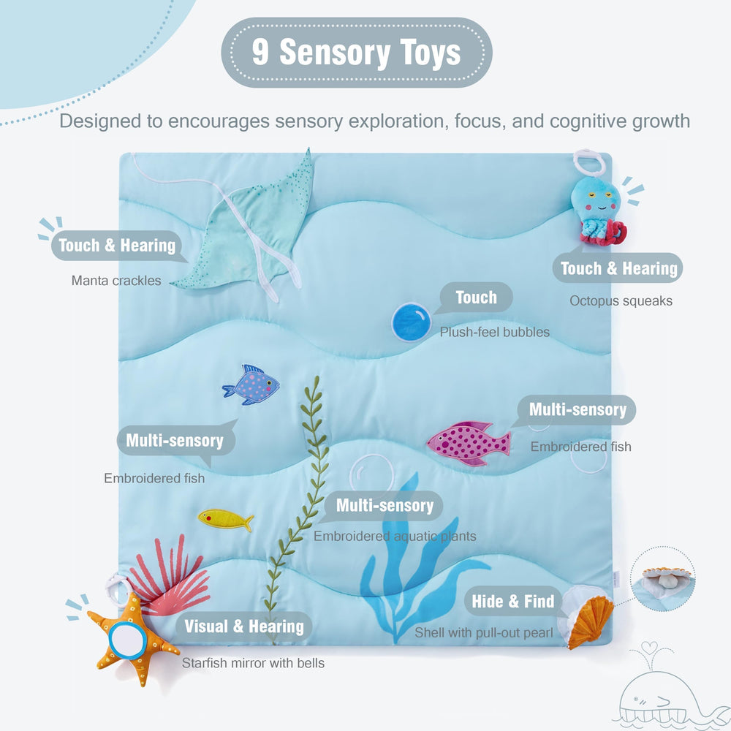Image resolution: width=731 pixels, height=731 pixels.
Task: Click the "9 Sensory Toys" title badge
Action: click(x=357, y=52)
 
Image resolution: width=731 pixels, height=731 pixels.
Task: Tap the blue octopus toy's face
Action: click(x=596, y=197)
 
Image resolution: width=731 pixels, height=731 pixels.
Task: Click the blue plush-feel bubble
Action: click(x=411, y=322)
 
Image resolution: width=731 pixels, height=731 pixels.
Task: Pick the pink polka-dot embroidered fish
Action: click(x=469, y=444)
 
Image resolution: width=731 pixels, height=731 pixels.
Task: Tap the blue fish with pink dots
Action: click(x=251, y=385)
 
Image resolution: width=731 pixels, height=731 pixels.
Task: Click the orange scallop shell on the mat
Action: click(x=591, y=621)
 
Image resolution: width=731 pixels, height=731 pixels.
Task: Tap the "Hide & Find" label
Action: click(x=513, y=602)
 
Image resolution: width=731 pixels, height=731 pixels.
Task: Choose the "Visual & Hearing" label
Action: click(x=244, y=626)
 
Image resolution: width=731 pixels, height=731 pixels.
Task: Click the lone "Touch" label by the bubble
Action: click(x=476, y=297)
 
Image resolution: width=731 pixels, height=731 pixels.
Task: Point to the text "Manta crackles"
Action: click(x=116, y=281)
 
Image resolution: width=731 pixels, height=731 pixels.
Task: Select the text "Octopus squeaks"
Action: click(x=621, y=300)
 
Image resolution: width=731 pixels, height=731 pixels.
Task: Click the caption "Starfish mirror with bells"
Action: click(x=253, y=663)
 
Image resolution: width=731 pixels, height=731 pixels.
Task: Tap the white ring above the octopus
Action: click(x=589, y=162)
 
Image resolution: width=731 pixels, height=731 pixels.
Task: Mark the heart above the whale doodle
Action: click(x=649, y=648)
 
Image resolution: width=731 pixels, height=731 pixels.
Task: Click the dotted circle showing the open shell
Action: click(x=663, y=579)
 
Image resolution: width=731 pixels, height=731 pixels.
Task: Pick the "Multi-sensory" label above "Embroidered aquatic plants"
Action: click(x=385, y=505)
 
